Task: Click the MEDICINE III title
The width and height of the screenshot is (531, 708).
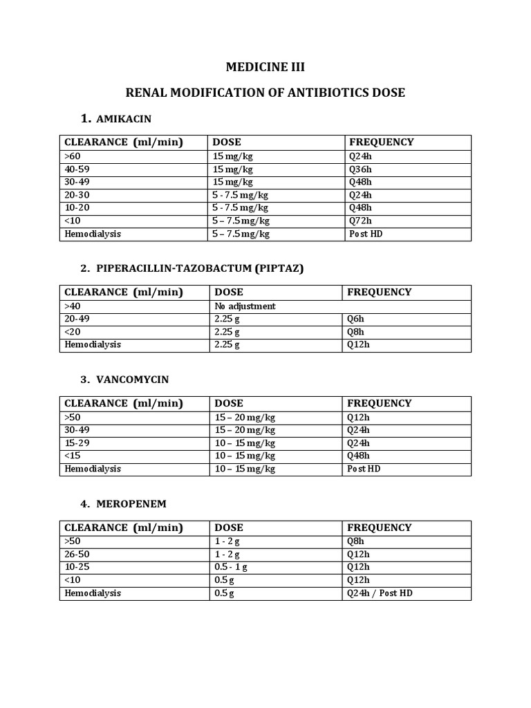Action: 265,67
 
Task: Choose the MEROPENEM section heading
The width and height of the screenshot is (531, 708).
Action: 131,503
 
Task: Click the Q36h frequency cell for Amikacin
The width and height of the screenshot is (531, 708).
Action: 360,169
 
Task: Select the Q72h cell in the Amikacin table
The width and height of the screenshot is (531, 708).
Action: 360,221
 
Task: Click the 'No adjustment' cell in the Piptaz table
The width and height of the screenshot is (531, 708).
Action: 245,306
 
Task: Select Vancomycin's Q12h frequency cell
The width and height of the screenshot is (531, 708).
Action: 360,417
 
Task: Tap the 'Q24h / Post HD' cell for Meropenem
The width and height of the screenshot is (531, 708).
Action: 380,593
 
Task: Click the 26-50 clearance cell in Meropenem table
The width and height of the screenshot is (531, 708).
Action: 77,554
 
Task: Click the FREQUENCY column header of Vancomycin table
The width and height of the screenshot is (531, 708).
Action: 379,403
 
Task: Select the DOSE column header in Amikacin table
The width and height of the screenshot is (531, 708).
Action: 228,142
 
